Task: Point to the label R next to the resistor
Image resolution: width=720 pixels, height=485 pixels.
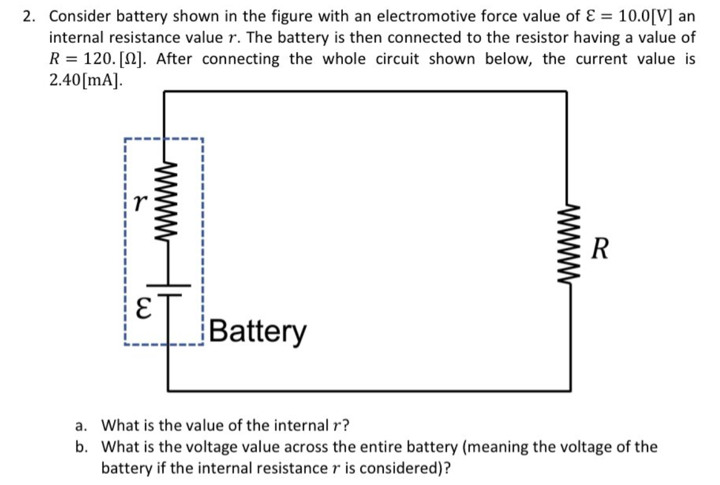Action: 598,250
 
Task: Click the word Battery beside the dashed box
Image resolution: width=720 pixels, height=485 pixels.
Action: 258,331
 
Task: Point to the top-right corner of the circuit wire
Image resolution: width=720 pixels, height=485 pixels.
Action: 566,92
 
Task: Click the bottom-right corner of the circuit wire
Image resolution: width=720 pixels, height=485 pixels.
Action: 566,391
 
